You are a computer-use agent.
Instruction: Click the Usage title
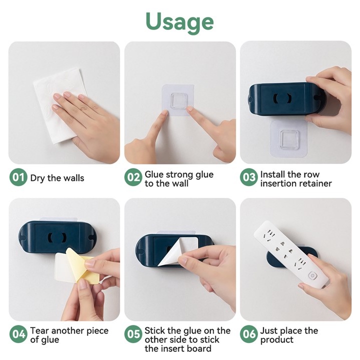pos(179,22)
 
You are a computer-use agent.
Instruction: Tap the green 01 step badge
pos(18,177)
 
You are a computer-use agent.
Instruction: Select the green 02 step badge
pos(133,177)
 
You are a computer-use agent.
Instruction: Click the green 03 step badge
pos(249,177)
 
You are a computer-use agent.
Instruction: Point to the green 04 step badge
pos(18,334)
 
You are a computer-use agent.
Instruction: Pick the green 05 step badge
pos(133,334)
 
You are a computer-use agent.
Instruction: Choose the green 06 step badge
pos(249,334)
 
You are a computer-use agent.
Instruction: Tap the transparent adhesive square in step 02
pos(178,100)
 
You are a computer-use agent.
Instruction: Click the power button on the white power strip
pos(312,275)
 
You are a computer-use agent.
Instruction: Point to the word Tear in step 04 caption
pos(39,331)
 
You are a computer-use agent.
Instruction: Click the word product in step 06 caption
pos(277,340)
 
